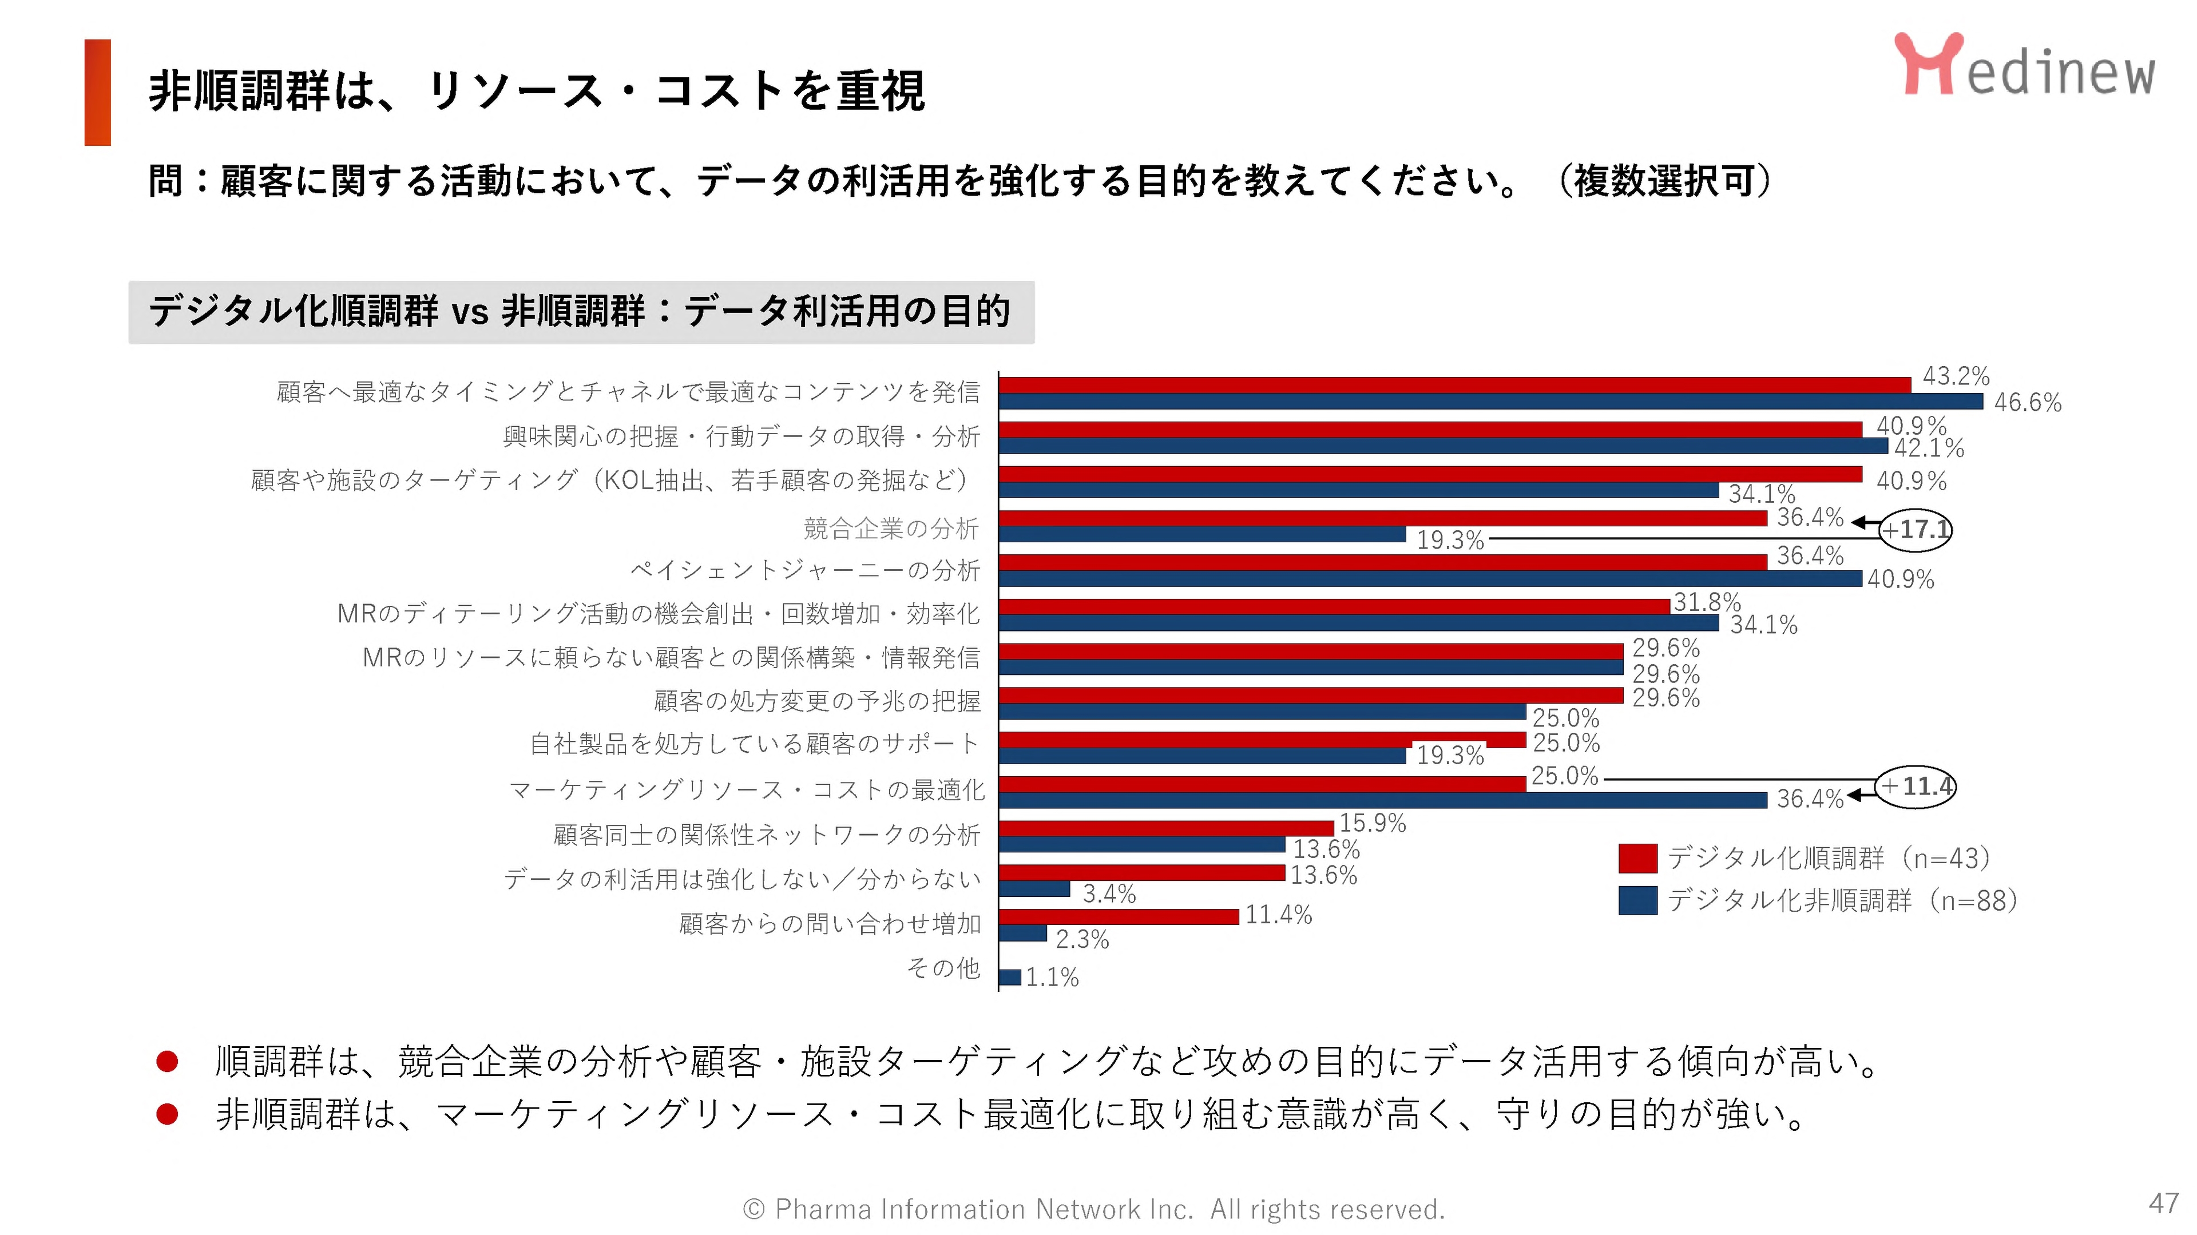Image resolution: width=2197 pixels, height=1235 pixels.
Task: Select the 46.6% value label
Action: pyautogui.click(x=2027, y=403)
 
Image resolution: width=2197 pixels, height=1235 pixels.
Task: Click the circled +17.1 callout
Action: pyautogui.click(x=1916, y=530)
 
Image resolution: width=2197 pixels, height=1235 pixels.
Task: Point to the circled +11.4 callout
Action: pyautogui.click(x=1916, y=785)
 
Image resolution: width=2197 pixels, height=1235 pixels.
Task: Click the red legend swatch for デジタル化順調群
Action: pyautogui.click(x=1637, y=858)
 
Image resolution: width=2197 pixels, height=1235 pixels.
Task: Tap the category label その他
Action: pyautogui.click(x=943, y=968)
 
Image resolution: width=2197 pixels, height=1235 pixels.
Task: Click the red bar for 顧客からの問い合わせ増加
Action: pyautogui.click(x=1118, y=917)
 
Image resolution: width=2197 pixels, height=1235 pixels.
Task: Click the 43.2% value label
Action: pyautogui.click(x=1955, y=376)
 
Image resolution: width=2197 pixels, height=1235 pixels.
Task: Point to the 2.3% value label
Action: pyautogui.click(x=1081, y=940)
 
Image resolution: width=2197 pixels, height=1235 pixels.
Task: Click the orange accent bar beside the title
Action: pyautogui.click(x=97, y=92)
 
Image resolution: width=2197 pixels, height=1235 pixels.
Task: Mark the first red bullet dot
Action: pyautogui.click(x=167, y=1061)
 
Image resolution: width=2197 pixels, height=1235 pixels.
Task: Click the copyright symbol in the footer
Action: pyautogui.click(x=753, y=1209)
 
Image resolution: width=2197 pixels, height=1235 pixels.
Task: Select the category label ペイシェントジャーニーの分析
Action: pyautogui.click(x=805, y=570)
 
